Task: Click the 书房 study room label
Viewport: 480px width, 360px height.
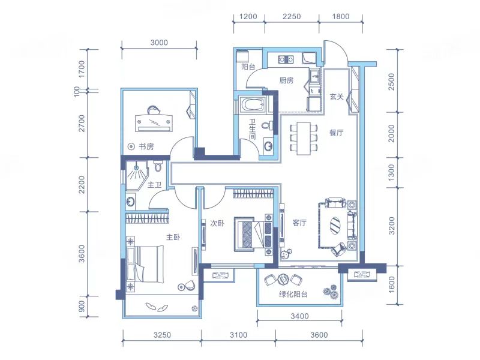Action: click(x=146, y=146)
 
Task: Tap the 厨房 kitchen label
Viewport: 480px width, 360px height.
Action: click(x=286, y=80)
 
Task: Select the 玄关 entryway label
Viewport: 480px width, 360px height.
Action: click(x=337, y=97)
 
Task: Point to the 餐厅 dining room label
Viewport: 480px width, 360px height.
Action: click(x=336, y=133)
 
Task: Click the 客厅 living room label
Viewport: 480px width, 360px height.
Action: click(x=299, y=223)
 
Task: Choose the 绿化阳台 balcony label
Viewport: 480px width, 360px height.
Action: click(x=293, y=294)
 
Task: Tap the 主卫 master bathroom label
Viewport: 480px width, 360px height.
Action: click(x=154, y=185)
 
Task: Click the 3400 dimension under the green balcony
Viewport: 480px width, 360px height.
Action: click(x=299, y=316)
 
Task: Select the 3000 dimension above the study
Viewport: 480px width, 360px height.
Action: click(x=159, y=43)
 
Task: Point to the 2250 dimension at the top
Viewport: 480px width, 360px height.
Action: click(x=292, y=17)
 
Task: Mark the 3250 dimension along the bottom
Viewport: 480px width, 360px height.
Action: click(x=162, y=335)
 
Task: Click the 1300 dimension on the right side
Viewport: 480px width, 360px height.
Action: click(x=392, y=172)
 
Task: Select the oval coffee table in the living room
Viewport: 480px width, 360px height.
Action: click(x=335, y=226)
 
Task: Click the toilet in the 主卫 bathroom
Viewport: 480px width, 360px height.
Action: click(x=158, y=166)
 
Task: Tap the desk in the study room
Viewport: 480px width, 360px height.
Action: click(x=154, y=123)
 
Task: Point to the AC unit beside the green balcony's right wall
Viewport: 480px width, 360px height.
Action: click(x=362, y=275)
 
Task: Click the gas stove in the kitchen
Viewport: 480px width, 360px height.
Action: click(x=286, y=59)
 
